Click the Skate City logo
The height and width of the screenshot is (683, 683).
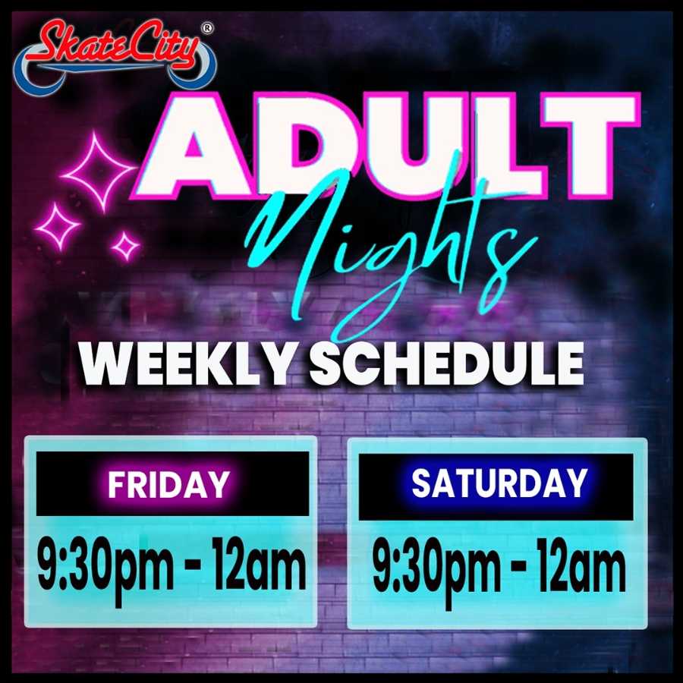coord(115,57)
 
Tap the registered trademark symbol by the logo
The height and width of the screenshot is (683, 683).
coord(207,28)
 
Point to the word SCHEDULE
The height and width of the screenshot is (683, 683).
coord(446,364)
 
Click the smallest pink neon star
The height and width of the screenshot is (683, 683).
coord(125,246)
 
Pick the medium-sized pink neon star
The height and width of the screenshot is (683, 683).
coord(58,226)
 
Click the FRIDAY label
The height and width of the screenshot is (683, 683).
coord(168,484)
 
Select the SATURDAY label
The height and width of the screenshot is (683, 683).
coord(499,483)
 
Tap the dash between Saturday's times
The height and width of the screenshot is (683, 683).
coord(519,569)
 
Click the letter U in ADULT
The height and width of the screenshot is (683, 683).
coord(411,146)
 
